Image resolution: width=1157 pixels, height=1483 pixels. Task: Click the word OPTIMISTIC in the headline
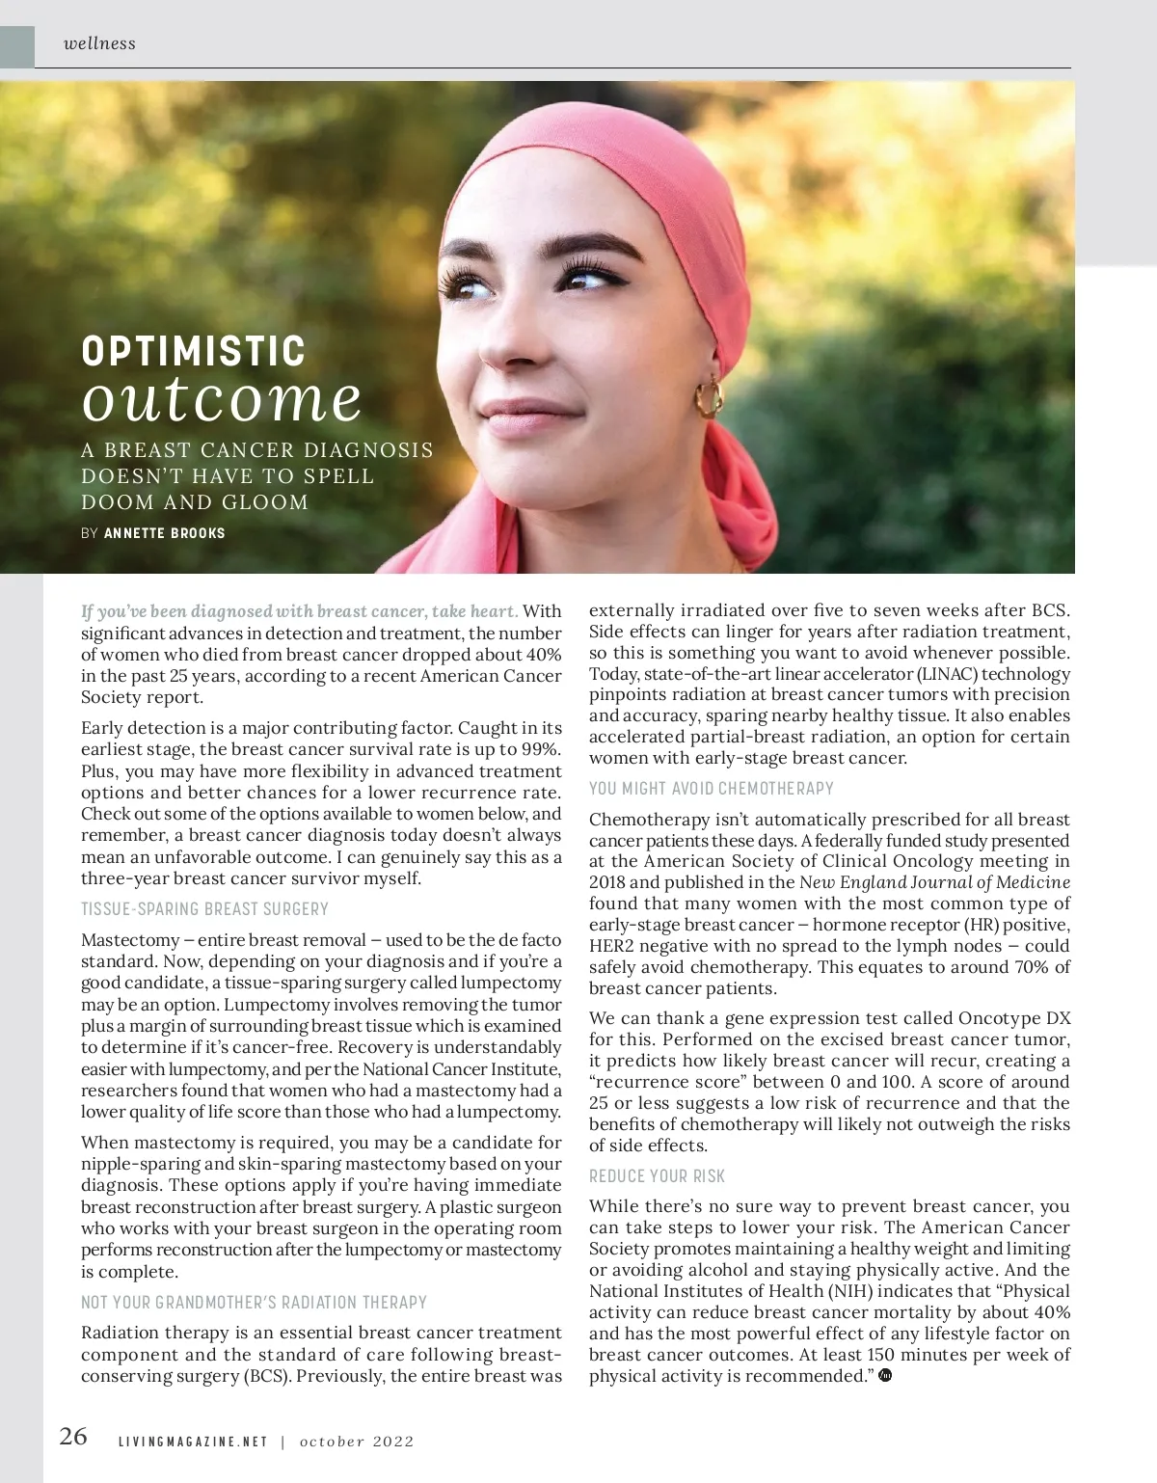194,351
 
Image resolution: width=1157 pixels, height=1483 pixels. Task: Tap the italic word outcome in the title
222,398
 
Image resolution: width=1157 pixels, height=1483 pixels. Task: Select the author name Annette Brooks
164,532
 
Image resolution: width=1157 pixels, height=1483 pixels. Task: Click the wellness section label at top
99,43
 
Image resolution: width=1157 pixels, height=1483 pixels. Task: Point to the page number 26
73,1437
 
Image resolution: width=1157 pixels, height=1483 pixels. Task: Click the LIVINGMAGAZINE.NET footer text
193,1442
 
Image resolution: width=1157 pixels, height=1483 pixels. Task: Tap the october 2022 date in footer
357,1442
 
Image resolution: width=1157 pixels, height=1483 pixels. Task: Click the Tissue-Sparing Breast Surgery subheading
204,908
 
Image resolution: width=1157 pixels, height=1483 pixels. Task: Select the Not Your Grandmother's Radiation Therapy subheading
254,1302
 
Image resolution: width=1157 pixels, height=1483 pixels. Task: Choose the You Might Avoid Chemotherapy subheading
712,788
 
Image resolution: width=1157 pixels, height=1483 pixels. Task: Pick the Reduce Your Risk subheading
657,1175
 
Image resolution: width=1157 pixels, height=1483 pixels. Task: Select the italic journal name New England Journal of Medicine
934,882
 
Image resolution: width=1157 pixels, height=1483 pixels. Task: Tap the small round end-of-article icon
885,1375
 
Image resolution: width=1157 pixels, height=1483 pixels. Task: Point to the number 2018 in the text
607,882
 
